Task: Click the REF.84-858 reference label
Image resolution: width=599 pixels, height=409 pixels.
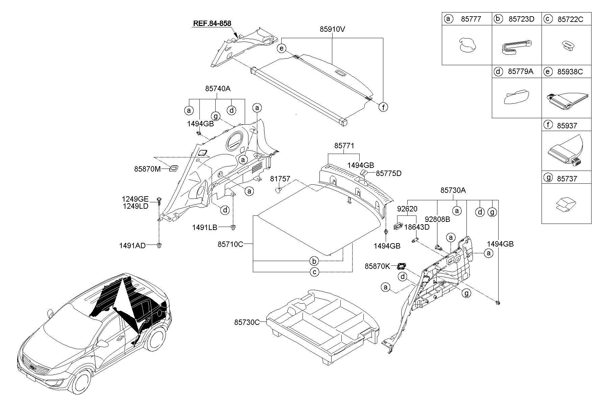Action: click(x=212, y=23)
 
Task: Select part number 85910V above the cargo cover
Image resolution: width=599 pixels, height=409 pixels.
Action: click(x=332, y=29)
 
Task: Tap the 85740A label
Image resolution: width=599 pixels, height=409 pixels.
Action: click(x=217, y=88)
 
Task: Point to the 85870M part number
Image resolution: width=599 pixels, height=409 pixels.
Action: click(x=147, y=169)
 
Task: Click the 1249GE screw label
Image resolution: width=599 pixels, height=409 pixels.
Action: click(x=135, y=199)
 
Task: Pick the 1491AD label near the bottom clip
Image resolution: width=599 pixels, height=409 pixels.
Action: click(x=132, y=246)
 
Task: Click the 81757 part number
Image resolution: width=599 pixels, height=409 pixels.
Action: click(x=280, y=179)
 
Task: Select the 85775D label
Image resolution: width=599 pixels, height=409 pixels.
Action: click(x=388, y=173)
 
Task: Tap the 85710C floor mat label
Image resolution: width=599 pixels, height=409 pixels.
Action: click(x=230, y=244)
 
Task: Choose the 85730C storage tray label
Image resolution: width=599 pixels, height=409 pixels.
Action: click(x=247, y=322)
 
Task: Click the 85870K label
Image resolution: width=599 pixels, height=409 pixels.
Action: click(x=377, y=266)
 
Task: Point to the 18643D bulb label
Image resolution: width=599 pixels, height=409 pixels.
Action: click(x=417, y=227)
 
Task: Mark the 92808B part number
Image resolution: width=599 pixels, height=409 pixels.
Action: click(x=437, y=219)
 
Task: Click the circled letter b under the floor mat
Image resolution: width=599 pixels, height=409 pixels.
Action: click(x=314, y=261)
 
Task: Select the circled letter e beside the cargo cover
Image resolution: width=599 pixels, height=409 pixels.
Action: click(x=281, y=49)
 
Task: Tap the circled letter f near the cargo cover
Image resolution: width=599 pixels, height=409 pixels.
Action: click(x=383, y=107)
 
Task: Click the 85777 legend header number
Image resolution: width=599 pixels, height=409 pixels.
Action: click(x=471, y=19)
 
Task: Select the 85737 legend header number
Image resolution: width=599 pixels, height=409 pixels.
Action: click(x=567, y=178)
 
